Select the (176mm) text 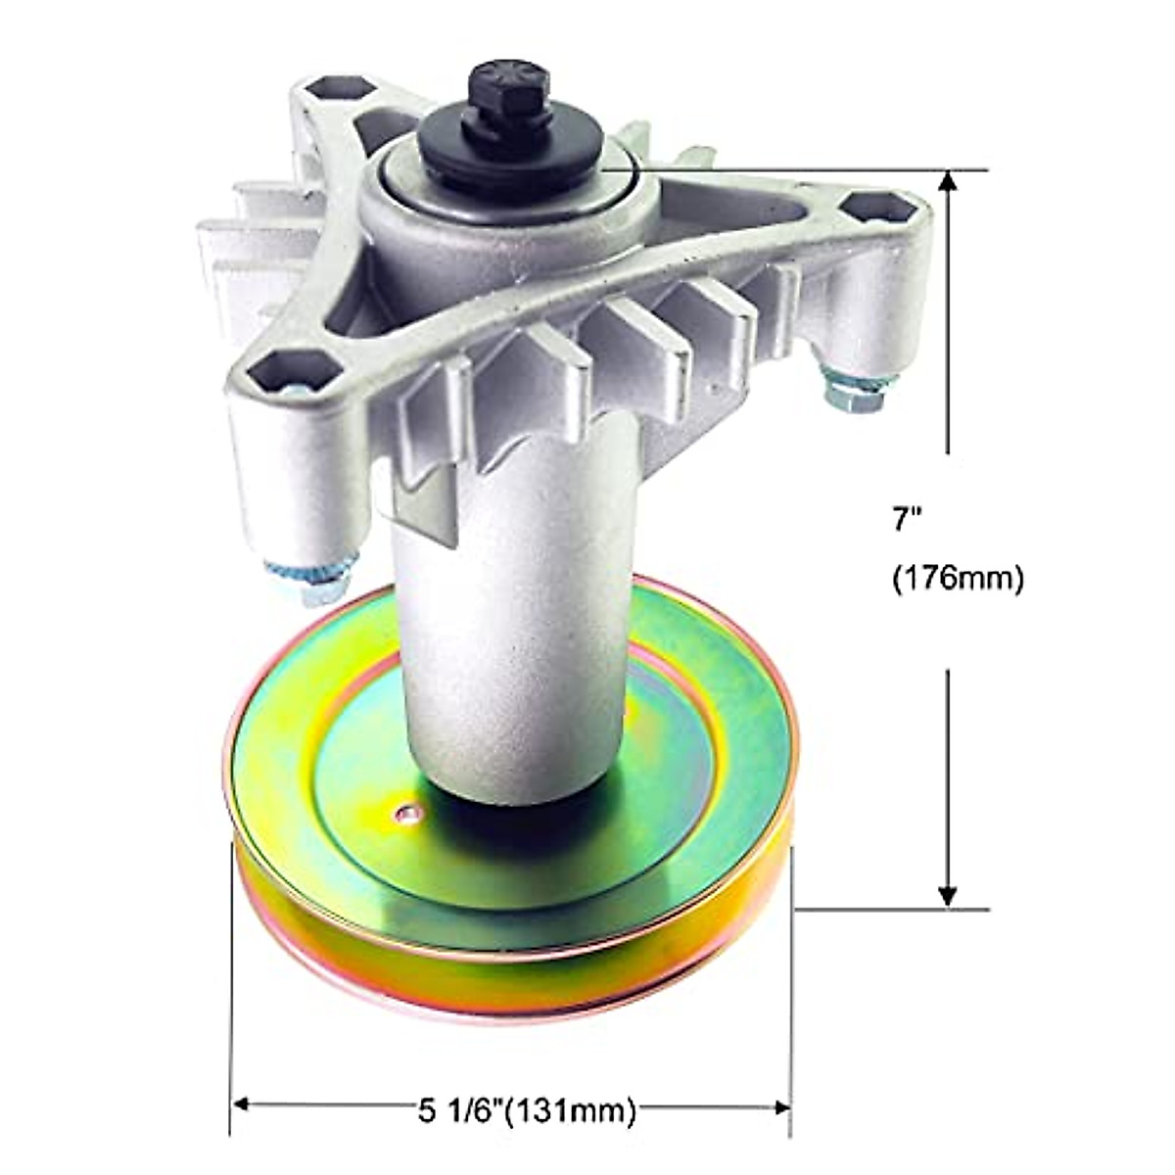tap(958, 579)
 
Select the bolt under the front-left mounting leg tap(311, 578)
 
